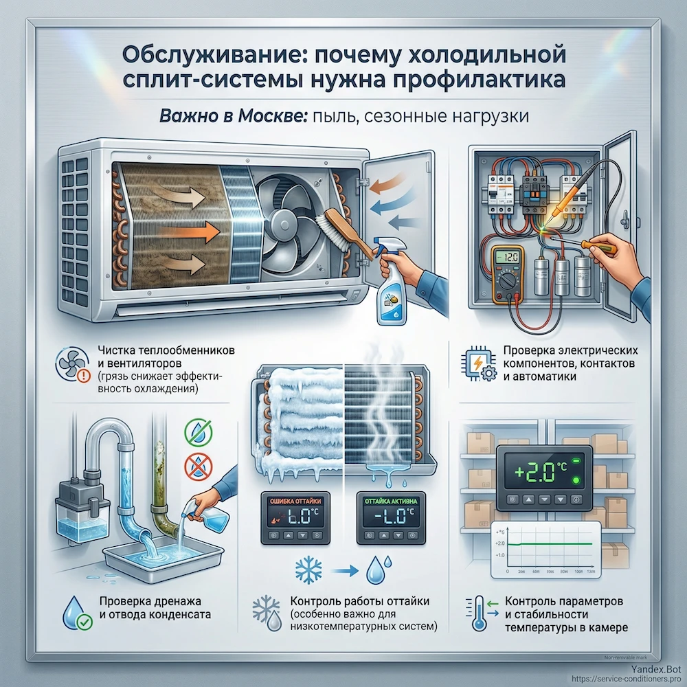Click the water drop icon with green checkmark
pyautogui.click(x=74, y=612)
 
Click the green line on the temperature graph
pyautogui.click(x=556, y=543)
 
